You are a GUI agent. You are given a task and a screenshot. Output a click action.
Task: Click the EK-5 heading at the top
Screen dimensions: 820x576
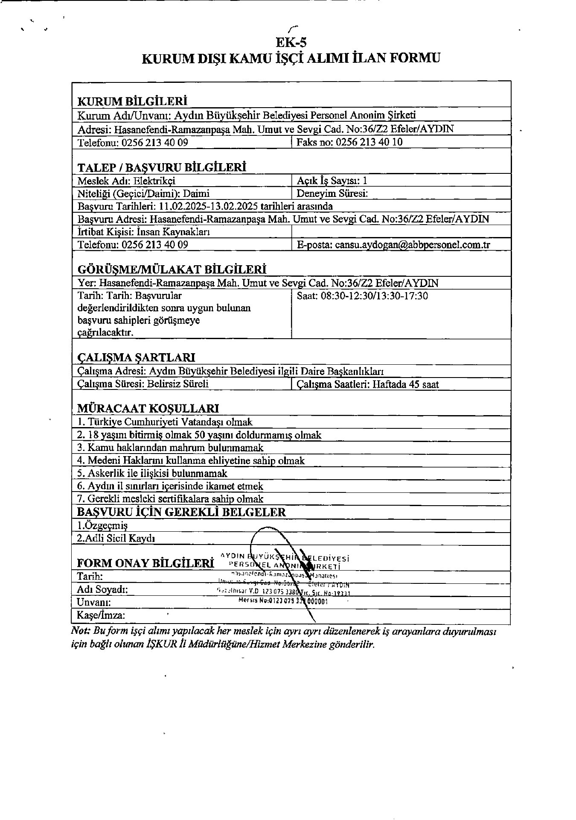(x=291, y=43)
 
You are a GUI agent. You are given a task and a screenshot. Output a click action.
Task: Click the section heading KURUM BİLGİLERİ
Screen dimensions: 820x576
(x=132, y=101)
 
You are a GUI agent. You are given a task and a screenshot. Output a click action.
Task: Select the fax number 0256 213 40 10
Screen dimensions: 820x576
(x=369, y=142)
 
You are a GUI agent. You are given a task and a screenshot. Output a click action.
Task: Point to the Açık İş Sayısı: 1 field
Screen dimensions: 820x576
(x=332, y=181)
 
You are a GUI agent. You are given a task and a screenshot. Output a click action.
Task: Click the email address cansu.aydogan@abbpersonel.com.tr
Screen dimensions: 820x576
(x=413, y=245)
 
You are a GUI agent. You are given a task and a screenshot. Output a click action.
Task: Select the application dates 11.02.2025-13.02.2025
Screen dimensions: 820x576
(x=208, y=206)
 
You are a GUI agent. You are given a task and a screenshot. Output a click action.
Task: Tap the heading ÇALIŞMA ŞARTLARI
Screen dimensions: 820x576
(x=136, y=357)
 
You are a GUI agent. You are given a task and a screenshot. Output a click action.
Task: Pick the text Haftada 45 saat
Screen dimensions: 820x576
(x=406, y=384)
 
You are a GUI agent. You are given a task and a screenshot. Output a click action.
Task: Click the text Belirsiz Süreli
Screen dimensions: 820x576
(x=178, y=384)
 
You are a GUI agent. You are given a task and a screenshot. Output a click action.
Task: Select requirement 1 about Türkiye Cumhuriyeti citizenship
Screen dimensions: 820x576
(x=165, y=422)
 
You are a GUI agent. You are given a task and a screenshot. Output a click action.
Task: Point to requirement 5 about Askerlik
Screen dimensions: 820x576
(x=152, y=473)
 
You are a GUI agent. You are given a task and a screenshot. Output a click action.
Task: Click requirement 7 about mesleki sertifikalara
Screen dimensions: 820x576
(x=170, y=499)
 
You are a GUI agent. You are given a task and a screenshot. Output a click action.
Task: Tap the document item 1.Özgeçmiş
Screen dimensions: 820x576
(x=102, y=525)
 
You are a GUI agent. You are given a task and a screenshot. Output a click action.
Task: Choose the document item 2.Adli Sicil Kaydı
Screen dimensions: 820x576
(x=116, y=538)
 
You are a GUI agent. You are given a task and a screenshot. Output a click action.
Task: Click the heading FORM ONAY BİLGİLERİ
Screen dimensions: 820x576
(x=145, y=563)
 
